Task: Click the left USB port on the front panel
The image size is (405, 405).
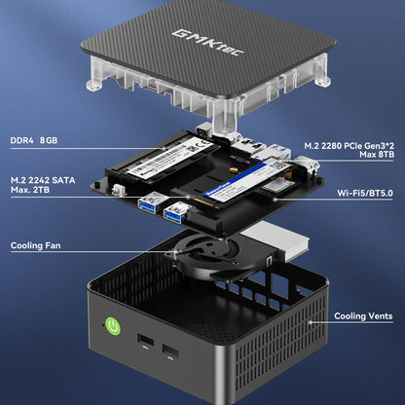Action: coord(145,342)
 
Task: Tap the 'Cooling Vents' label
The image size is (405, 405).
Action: coord(365,316)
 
